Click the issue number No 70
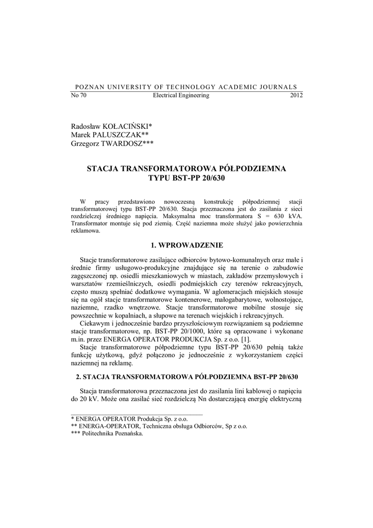tap(78, 95)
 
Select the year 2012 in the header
tap(296, 95)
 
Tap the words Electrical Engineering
tap(181, 95)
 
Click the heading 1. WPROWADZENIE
tap(186, 245)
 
